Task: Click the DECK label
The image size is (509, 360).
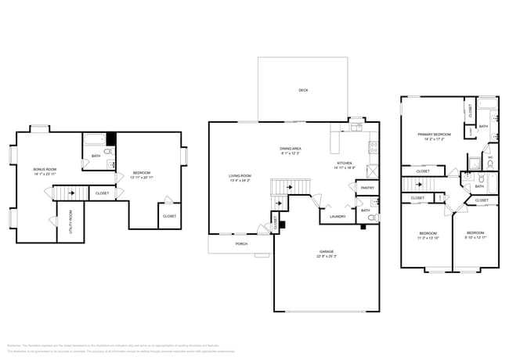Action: tap(303, 90)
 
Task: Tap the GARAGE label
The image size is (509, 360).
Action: tap(327, 251)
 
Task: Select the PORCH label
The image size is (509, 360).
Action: tap(241, 243)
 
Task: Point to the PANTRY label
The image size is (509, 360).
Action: tap(366, 189)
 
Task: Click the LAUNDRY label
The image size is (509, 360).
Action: tap(338, 216)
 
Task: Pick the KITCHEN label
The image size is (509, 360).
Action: tap(345, 163)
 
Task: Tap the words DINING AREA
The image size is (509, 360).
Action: tap(291, 149)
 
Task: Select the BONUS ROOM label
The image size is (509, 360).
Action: tap(45, 170)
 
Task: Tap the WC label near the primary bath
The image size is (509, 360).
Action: tap(490, 157)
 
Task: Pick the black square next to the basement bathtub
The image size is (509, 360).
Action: tap(111, 140)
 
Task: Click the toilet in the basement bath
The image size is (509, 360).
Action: tap(108, 150)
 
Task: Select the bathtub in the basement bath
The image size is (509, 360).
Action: tap(94, 141)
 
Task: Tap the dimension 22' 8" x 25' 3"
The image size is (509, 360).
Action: tap(327, 257)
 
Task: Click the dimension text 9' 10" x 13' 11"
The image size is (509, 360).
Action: tap(476, 237)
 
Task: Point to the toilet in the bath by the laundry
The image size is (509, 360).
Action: tap(373, 217)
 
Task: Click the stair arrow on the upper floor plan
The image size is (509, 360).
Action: tap(421, 185)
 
